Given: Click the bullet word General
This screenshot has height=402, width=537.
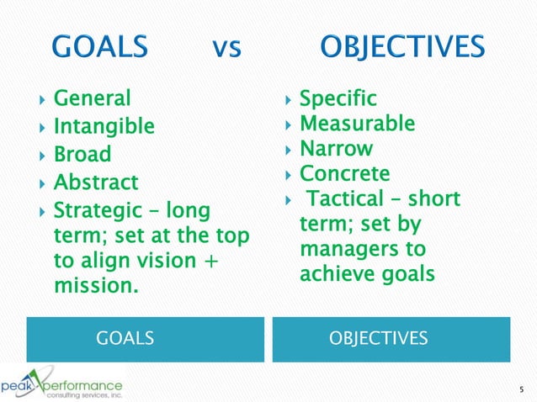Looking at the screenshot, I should tap(93, 99).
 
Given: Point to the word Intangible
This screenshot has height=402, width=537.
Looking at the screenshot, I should tap(104, 127).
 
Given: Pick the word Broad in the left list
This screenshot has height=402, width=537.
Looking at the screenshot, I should tap(82, 155).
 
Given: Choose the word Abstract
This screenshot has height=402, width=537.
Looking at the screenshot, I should tap(96, 182).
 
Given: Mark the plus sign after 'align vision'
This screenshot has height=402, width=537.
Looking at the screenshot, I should tap(205, 260).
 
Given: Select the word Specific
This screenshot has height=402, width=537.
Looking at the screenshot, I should tap(338, 99).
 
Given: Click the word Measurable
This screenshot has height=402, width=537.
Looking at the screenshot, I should tap(357, 124).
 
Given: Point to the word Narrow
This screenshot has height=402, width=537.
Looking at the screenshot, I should tap(337, 149).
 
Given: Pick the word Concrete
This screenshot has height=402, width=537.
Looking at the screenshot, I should tap(345, 174).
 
